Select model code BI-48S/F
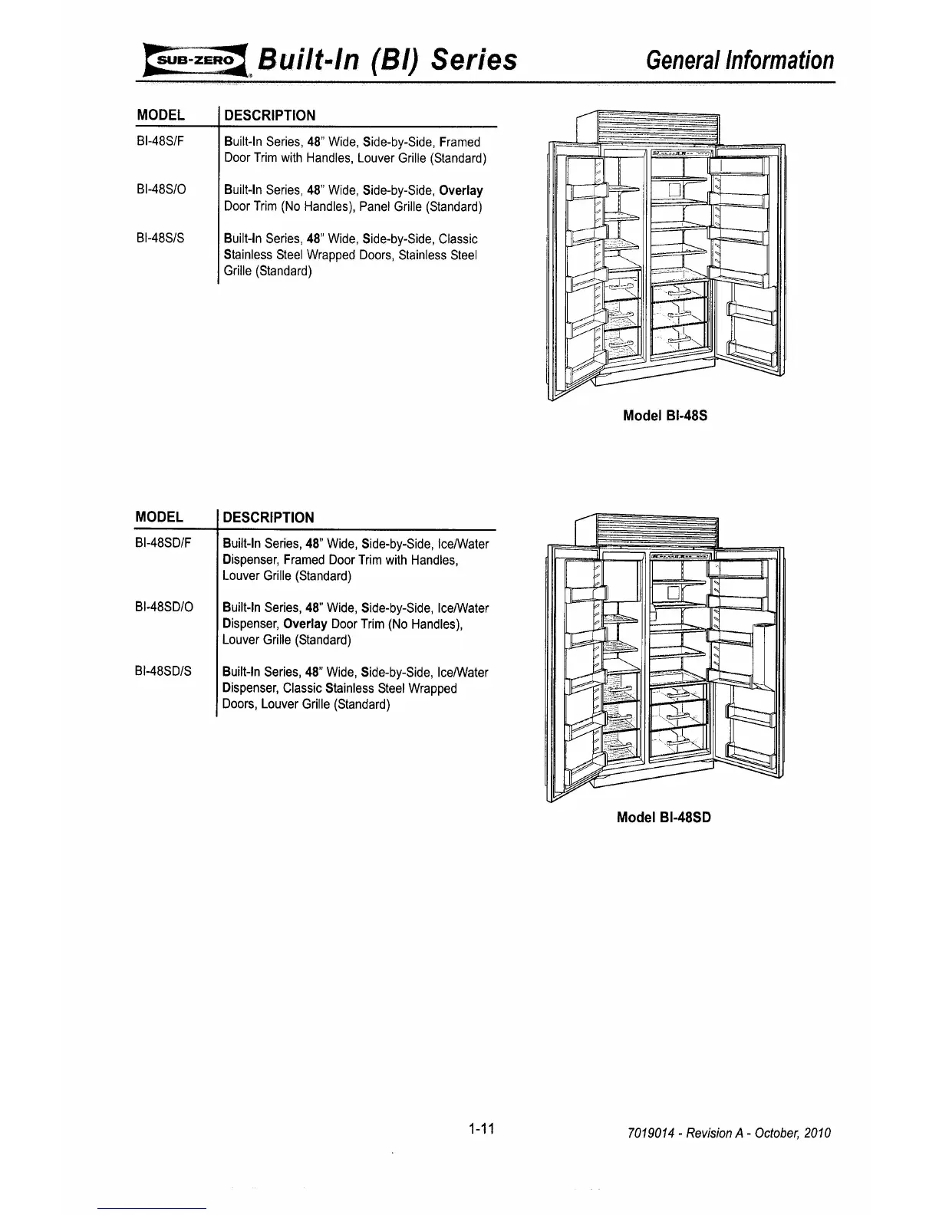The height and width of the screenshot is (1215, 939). point(160,142)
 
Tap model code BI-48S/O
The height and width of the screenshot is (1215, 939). point(160,190)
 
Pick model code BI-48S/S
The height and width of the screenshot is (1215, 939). point(160,239)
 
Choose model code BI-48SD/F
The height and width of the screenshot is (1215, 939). point(163,544)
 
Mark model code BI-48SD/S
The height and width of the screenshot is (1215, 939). point(163,672)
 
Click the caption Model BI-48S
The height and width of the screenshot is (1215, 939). point(664,416)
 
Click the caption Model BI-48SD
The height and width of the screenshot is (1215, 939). point(664,818)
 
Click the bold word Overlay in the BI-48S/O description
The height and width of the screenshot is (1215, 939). point(460,190)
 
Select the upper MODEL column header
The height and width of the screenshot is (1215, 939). point(160,115)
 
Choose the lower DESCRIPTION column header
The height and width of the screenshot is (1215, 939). point(269,517)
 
